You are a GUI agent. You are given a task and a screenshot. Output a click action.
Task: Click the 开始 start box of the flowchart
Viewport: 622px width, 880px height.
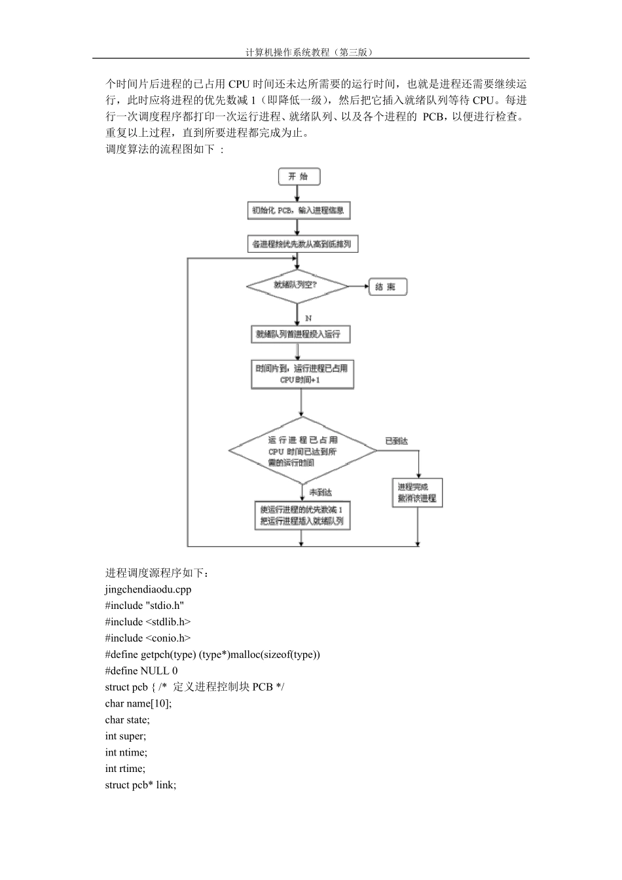(x=299, y=176)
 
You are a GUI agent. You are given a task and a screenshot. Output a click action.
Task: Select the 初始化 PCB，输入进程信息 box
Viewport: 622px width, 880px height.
(x=298, y=210)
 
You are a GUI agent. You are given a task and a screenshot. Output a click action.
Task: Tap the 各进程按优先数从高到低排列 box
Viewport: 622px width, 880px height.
(x=303, y=244)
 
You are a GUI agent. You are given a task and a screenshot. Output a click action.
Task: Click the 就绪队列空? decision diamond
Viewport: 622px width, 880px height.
(x=298, y=286)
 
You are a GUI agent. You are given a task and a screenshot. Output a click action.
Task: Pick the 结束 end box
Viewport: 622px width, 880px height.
(x=387, y=287)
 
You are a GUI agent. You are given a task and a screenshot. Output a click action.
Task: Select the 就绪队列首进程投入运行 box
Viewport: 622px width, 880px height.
(x=300, y=334)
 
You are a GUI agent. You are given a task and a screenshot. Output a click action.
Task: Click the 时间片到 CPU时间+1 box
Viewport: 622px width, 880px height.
(x=301, y=374)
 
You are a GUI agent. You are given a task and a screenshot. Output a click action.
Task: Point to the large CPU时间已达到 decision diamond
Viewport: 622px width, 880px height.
(x=302, y=450)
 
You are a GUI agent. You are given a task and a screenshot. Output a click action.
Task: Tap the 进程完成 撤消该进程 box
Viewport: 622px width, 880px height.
(x=417, y=492)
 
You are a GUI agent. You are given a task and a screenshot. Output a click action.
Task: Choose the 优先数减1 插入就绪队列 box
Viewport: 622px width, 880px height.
(x=301, y=515)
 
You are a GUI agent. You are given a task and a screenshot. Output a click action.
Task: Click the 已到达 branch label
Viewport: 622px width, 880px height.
(x=396, y=442)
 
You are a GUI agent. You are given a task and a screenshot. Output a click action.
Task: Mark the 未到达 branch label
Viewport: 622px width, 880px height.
(x=320, y=492)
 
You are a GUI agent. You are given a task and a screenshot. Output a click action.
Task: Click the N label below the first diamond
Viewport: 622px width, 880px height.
(x=308, y=318)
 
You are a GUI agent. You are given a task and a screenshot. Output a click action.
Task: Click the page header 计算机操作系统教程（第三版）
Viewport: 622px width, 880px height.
(x=311, y=52)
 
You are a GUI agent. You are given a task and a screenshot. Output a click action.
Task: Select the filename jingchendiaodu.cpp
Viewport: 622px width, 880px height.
(x=148, y=589)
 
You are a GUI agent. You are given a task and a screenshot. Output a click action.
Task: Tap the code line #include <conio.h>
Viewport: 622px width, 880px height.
(x=147, y=638)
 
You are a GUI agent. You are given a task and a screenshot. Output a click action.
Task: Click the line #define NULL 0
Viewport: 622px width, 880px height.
(x=141, y=670)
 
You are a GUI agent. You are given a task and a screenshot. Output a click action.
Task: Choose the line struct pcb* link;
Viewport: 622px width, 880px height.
(x=140, y=784)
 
